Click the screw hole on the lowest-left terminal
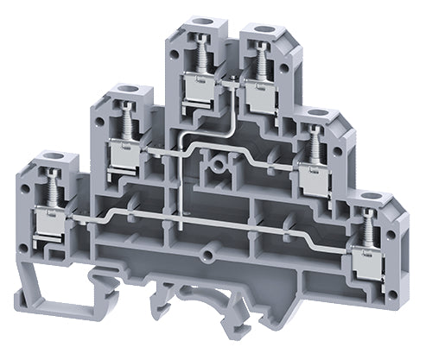tap(41, 157)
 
